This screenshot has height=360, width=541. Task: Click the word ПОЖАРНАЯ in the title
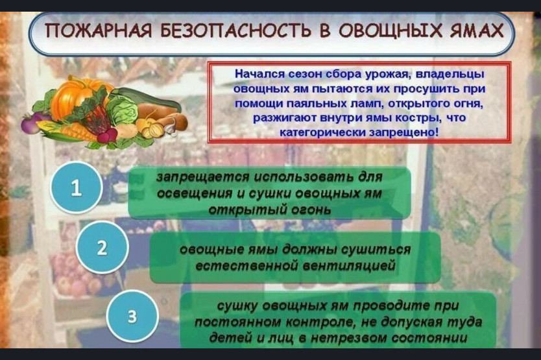point(99,31)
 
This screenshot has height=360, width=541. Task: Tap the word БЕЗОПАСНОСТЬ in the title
point(235,31)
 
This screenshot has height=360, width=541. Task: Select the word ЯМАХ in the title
point(477,31)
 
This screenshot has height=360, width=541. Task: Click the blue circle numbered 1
point(77,187)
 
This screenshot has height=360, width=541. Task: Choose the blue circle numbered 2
point(102,248)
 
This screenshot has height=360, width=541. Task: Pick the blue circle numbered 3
point(132,316)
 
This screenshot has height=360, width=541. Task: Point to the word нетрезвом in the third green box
point(349,338)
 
